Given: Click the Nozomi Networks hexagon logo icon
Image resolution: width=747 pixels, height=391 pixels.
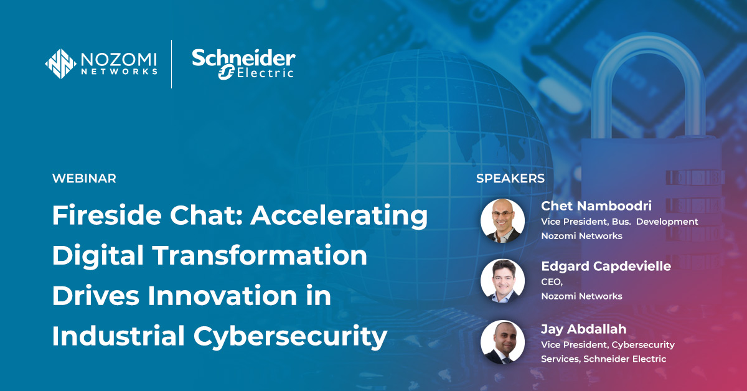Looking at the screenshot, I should (61, 64).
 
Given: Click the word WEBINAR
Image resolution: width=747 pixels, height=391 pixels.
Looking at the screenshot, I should (84, 179).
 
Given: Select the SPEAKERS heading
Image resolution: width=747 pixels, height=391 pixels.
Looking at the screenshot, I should (510, 179).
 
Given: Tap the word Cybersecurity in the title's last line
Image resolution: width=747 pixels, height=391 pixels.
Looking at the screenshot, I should (290, 336).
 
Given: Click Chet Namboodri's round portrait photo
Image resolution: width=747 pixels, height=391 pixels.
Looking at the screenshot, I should (502, 221).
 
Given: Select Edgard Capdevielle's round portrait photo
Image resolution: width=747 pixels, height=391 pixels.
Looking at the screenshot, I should (502, 281).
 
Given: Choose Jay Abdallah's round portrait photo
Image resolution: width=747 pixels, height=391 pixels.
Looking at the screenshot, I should (502, 342).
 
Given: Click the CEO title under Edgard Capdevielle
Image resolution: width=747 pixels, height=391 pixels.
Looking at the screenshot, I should (551, 282).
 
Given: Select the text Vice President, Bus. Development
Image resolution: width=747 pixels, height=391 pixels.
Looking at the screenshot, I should (619, 222).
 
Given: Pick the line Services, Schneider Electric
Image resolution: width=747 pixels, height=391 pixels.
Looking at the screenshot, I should (603, 359).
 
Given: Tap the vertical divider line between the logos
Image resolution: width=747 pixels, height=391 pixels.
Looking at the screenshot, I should (172, 64).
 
